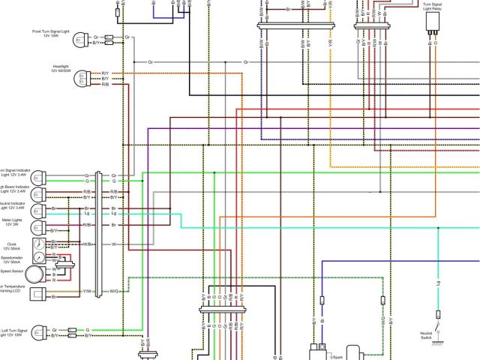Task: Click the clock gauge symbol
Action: (37, 245)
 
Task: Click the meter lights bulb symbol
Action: (37, 226)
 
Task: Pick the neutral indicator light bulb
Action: (37, 210)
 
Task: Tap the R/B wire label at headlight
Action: (106, 85)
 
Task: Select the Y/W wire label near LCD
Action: (87, 291)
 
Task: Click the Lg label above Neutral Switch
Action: (438, 283)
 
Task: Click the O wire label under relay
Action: (438, 43)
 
